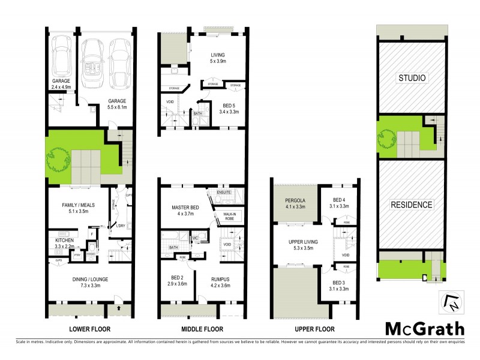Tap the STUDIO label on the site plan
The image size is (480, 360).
pos(412,78)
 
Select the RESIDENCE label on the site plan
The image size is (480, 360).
pos(412,205)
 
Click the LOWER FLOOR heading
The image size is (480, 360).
pos(90,329)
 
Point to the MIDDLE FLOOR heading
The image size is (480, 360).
pos(202,329)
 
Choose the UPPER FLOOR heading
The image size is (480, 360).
pos(315,329)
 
